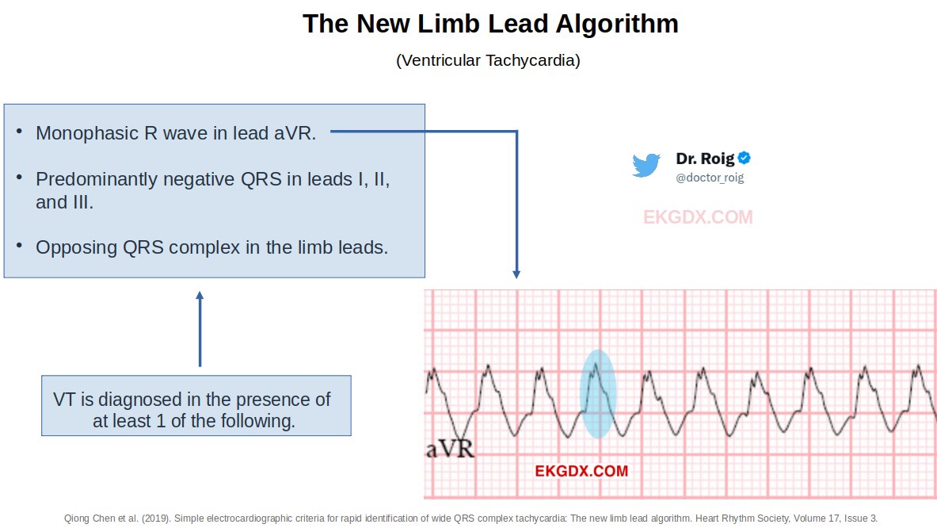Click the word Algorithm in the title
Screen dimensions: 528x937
tap(615, 24)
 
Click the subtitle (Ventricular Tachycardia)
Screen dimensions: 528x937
tap(488, 60)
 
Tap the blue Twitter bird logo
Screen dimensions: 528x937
tap(646, 165)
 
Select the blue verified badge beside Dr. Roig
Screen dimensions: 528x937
tap(745, 158)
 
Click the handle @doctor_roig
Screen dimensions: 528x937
tap(710, 178)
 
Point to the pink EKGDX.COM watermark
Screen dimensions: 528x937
tap(698, 217)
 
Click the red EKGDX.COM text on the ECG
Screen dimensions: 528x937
tap(581, 471)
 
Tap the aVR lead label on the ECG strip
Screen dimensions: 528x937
tap(450, 450)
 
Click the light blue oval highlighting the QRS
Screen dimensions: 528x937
tap(597, 394)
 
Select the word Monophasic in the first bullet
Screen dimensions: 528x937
tap(86, 133)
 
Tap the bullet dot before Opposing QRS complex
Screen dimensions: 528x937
tap(19, 245)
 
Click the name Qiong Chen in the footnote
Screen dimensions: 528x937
tap(88, 518)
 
